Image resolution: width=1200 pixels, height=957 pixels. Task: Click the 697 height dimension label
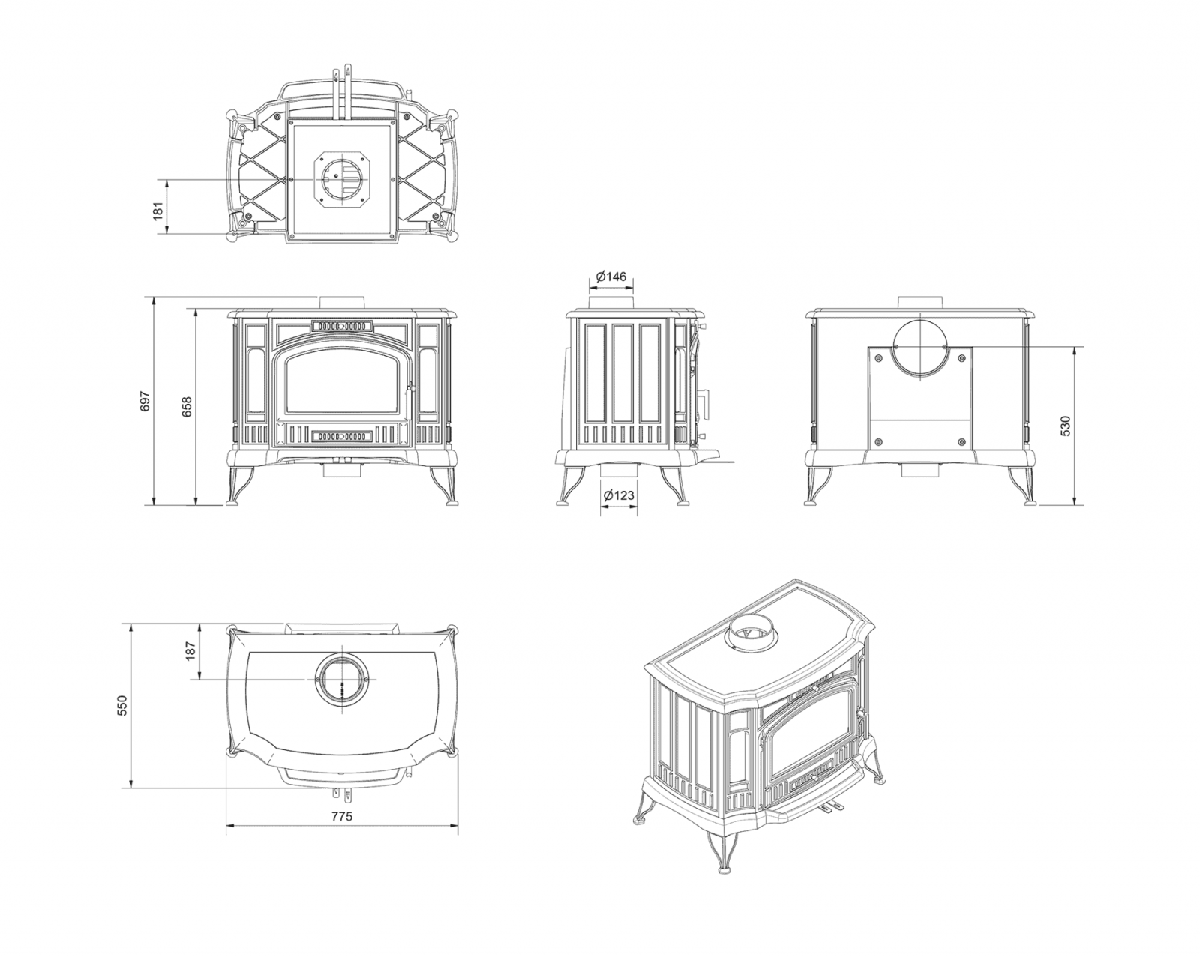pos(145,401)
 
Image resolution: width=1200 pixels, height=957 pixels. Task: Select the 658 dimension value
pos(187,406)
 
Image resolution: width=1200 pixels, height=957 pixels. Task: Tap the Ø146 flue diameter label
pos(611,277)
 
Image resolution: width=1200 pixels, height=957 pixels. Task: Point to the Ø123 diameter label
pos(619,495)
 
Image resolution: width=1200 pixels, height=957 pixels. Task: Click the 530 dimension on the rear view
pos(1066,426)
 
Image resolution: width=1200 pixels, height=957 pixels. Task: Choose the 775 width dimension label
pos(342,817)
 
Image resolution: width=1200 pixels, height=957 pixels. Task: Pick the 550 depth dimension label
pos(122,705)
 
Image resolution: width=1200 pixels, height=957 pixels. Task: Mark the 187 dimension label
pos(190,651)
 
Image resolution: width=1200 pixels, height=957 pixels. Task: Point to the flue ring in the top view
pos(343,680)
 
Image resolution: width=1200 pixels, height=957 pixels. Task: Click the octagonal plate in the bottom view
pos(343,179)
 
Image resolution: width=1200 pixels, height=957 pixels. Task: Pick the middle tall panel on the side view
pos(622,373)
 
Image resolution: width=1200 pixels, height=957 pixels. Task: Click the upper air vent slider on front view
pos(342,325)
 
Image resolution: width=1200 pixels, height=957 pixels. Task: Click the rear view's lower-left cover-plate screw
pos(879,442)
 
